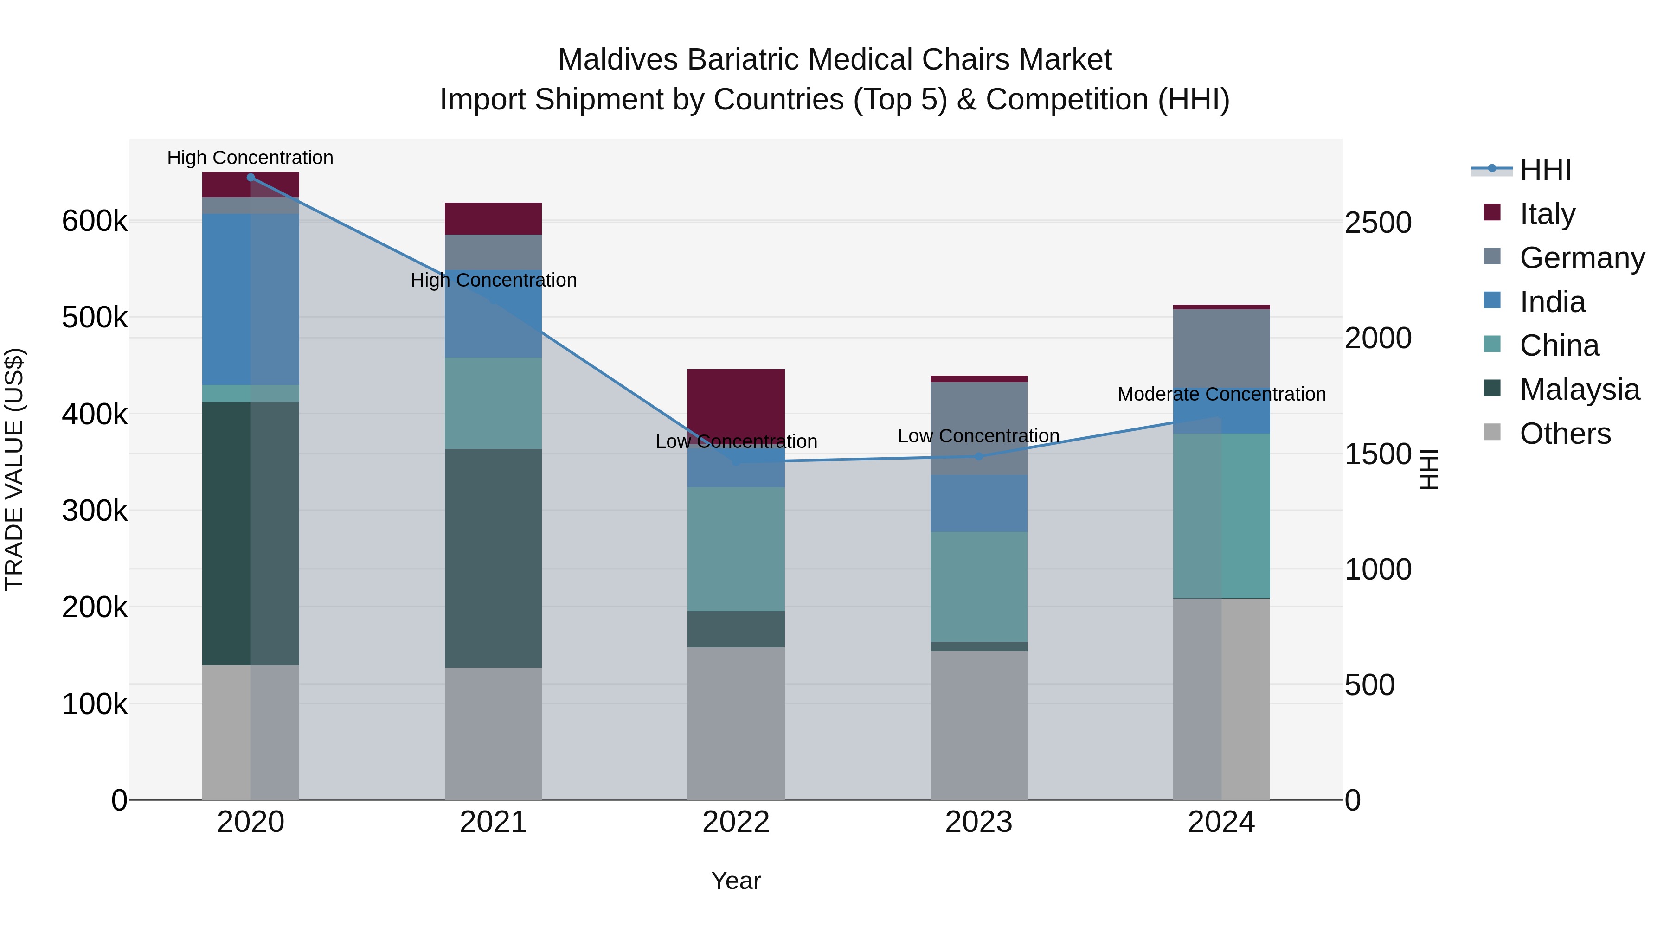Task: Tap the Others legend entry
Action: [x=1565, y=434]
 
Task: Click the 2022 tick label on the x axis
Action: [x=736, y=822]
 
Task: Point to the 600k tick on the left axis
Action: [x=95, y=221]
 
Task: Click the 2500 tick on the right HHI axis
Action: [x=1378, y=222]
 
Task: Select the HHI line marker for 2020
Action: [x=251, y=178]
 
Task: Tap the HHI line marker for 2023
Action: [x=979, y=456]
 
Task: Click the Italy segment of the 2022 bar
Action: [x=736, y=402]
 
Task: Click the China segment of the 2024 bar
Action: [x=1221, y=515]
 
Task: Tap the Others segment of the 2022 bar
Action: [x=736, y=722]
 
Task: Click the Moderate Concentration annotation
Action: [x=1221, y=394]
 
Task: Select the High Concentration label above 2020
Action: [x=250, y=158]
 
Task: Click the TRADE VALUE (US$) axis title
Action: [x=15, y=469]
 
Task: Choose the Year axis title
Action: [x=736, y=881]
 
